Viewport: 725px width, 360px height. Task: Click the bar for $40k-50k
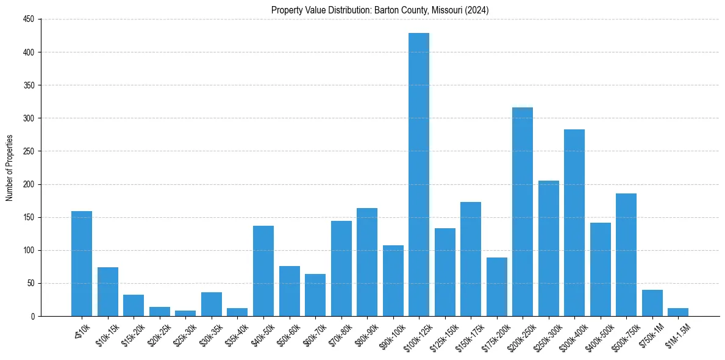pyautogui.click(x=263, y=271)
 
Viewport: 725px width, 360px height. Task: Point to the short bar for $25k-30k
pyautogui.click(x=185, y=314)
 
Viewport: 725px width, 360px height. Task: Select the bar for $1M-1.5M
pyautogui.click(x=678, y=312)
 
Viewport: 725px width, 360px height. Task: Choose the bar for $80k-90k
pyautogui.click(x=367, y=262)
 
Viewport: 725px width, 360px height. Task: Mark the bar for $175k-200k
pyautogui.click(x=497, y=287)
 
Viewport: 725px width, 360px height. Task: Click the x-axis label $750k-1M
pyautogui.click(x=651, y=335)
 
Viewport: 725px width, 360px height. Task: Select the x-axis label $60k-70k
pyautogui.click(x=313, y=335)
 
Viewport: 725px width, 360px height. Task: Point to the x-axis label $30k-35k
pyautogui.click(x=210, y=335)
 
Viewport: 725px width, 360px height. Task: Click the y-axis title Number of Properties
pyautogui.click(x=9, y=168)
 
